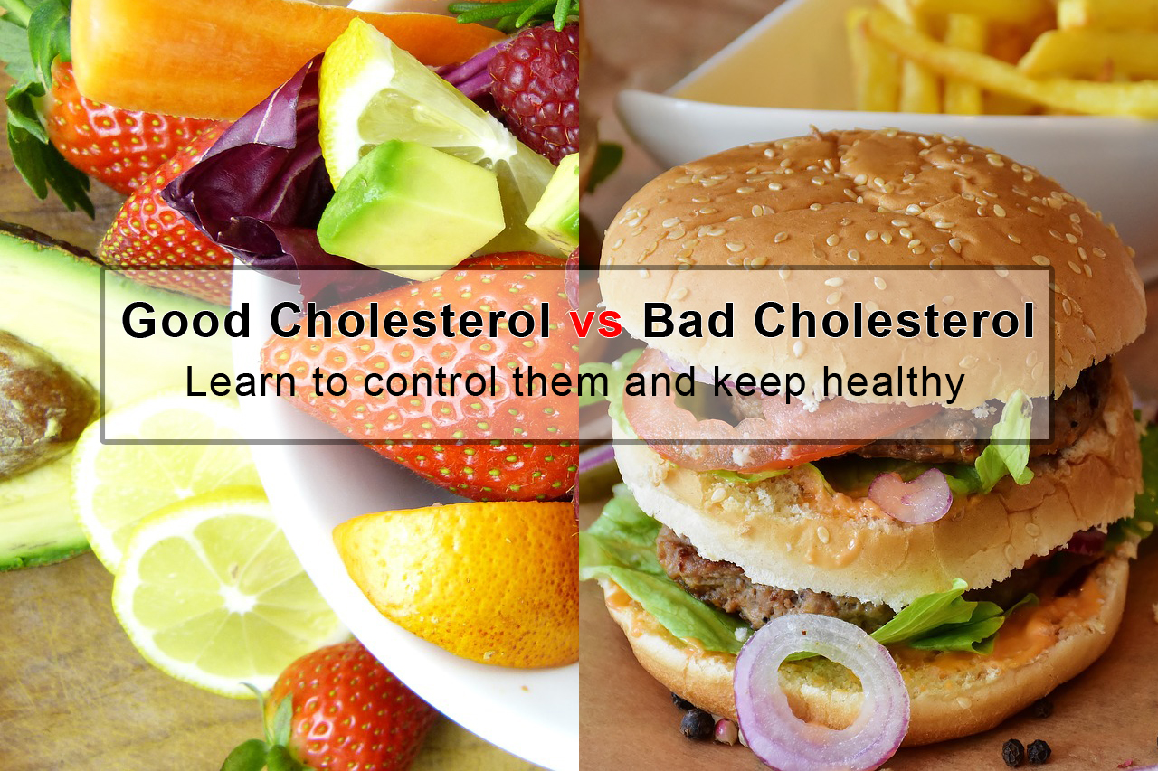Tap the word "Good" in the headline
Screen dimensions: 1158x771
coord(186,321)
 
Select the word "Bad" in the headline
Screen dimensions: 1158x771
coord(688,321)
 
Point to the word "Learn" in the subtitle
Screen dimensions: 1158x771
coord(240,382)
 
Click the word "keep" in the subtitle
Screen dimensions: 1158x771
coord(759,384)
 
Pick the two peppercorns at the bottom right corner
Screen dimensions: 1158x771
coord(1026,752)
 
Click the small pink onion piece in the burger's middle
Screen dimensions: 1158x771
coord(911,495)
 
